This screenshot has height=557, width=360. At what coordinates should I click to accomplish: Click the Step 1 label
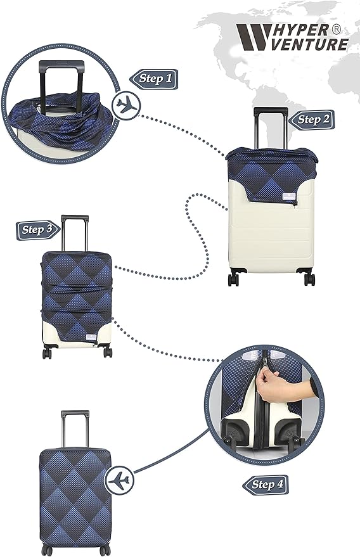pos(154,79)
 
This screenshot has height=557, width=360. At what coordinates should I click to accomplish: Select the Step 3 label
pos(37,229)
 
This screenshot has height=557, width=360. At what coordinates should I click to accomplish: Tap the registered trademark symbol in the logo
pos(337,30)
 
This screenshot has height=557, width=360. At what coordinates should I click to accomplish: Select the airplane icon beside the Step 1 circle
pos(127,105)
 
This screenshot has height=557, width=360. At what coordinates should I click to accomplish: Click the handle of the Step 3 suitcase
pos(75,232)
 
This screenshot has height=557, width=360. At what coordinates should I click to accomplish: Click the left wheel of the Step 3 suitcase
pos(47,352)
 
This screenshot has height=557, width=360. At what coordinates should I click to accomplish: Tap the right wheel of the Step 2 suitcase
pos(309,279)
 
